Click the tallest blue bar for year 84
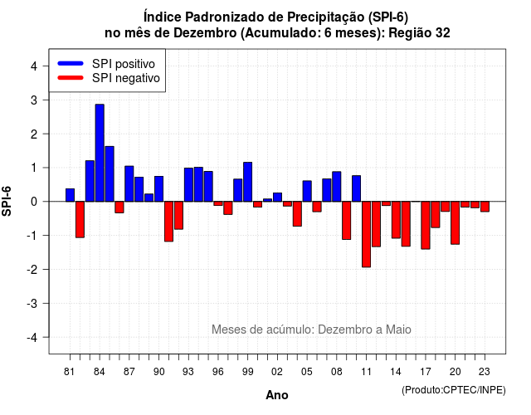tap(100, 153)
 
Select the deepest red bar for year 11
tap(366, 234)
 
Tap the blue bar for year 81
tap(70, 195)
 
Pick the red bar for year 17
tap(426, 225)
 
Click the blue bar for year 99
tap(247, 182)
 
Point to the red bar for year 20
tap(455, 222)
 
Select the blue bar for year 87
tap(129, 183)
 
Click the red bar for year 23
tap(485, 207)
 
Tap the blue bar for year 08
tap(337, 187)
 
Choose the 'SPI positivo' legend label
tap(124, 64)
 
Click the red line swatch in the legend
tap(71, 78)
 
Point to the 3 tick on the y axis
tap(45, 100)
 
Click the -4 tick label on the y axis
tap(33, 338)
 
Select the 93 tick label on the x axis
tap(188, 372)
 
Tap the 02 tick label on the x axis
tap(277, 372)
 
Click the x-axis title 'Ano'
tap(277, 395)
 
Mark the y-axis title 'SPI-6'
tap(7, 201)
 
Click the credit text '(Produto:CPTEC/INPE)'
tap(454, 390)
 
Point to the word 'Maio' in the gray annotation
tap(398, 330)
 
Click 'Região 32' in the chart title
tap(419, 33)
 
